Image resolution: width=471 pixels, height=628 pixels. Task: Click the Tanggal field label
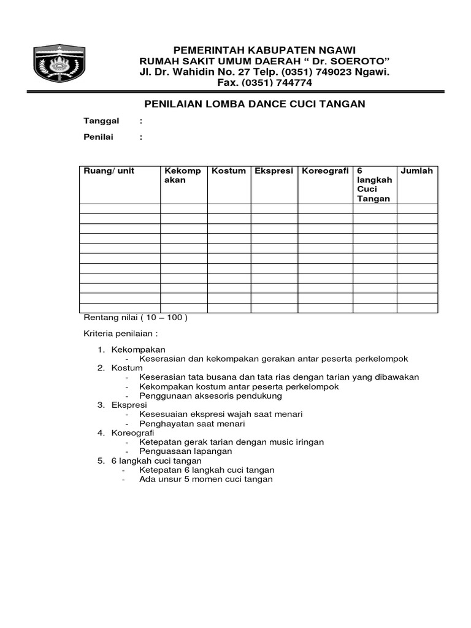point(101,121)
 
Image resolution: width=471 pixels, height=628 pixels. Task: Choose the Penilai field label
point(99,137)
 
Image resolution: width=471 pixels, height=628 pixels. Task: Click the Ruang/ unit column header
point(109,171)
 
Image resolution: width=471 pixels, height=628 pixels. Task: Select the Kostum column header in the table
point(229,171)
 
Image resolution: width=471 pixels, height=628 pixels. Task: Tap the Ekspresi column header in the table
point(274,171)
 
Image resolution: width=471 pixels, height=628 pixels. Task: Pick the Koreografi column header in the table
point(325,171)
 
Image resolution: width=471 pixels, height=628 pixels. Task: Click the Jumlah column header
point(416,171)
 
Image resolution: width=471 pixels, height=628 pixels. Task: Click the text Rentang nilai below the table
point(110,318)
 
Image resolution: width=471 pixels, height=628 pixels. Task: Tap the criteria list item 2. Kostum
point(126,368)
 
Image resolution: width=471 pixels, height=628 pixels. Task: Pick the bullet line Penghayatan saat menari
point(192,424)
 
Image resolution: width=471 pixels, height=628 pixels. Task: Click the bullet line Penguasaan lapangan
point(185,451)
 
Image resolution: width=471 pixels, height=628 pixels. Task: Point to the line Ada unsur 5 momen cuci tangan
point(205,480)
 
